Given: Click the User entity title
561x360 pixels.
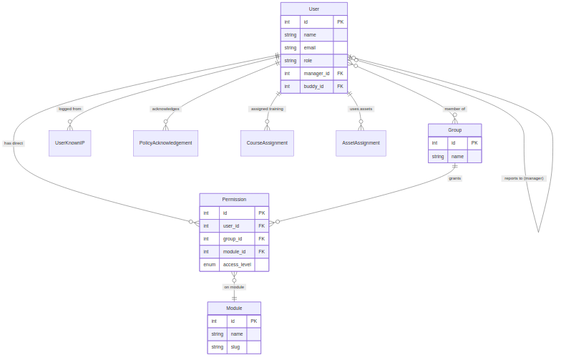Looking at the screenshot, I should click(x=313, y=9).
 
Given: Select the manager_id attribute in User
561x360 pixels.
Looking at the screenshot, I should click(x=316, y=73).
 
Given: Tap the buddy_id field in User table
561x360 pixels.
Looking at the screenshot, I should click(x=313, y=86).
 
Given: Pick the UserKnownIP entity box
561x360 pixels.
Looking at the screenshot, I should click(x=69, y=143).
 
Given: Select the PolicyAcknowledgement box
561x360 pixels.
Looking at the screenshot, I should click(x=165, y=143).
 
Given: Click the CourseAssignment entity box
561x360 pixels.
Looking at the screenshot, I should click(x=267, y=143).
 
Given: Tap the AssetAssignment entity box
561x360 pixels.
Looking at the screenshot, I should click(x=361, y=143).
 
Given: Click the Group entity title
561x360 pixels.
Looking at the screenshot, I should click(x=454, y=130).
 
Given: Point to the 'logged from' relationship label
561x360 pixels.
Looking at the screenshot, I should click(x=70, y=109).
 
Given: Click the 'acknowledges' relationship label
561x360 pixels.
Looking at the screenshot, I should click(x=165, y=109).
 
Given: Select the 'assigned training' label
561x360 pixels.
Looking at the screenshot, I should click(x=267, y=109).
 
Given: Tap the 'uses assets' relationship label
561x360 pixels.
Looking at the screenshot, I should click(x=361, y=109).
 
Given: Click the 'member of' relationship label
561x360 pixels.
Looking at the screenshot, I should click(x=454, y=109).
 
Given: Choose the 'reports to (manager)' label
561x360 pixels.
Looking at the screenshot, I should click(x=524, y=178).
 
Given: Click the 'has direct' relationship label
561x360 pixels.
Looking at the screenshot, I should click(x=14, y=143).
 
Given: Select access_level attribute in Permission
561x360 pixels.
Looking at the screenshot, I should click(x=237, y=265).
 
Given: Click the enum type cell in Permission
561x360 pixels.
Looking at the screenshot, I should click(x=209, y=265).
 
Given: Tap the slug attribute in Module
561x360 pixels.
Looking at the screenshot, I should click(x=235, y=347).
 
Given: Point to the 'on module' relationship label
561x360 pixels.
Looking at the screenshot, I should click(x=234, y=287).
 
